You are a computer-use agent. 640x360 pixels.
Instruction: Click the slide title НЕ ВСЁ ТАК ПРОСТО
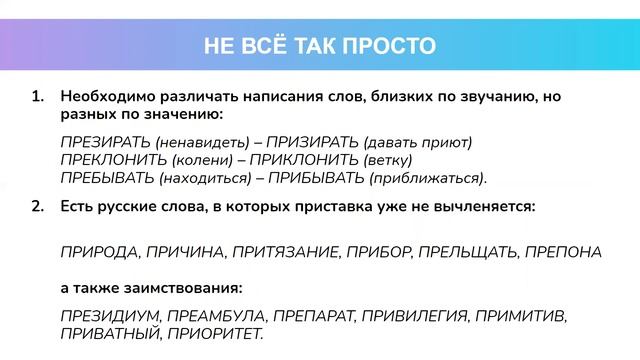coord(320,45)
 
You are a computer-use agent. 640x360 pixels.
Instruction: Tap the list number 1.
coord(37,98)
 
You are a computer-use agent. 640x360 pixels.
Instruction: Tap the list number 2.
coord(37,207)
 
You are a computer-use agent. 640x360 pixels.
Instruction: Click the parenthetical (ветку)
coord(387,160)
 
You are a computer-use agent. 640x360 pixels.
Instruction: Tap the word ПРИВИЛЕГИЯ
coord(413,315)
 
